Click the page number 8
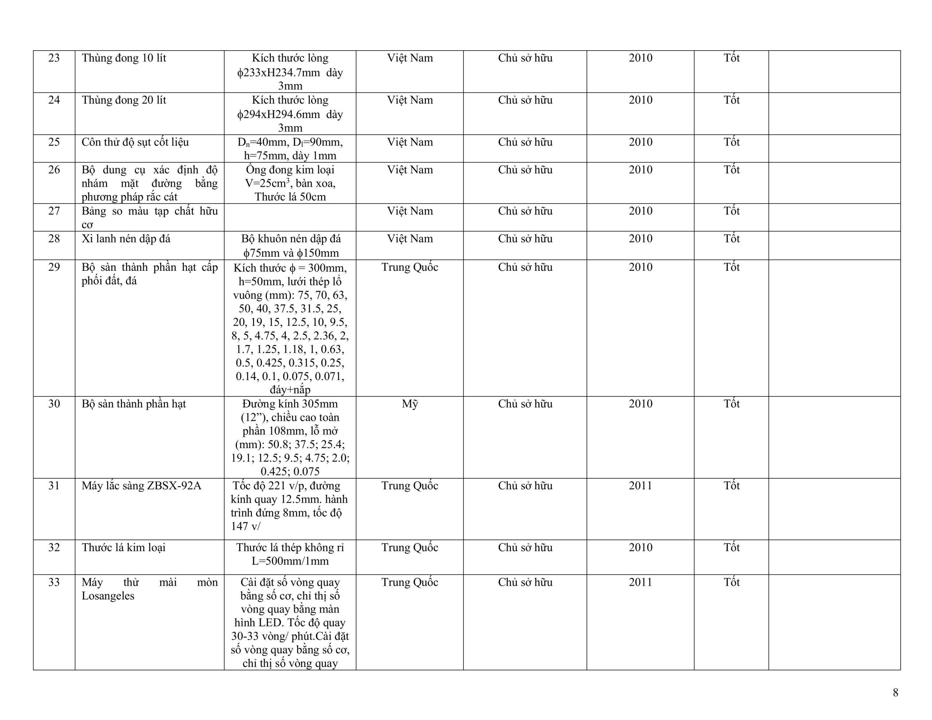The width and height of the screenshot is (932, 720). (895, 692)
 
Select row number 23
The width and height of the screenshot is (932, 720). (54, 58)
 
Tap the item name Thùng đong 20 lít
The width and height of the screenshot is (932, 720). (124, 100)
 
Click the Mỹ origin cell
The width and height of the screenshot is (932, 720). (410, 404)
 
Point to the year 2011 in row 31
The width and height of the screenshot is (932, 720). (640, 486)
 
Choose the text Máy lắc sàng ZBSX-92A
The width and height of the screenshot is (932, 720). (141, 486)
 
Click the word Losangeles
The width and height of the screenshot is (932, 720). (108, 596)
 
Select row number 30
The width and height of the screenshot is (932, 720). (54, 404)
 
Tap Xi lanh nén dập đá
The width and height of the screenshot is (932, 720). (126, 238)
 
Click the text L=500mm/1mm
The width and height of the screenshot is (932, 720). (290, 561)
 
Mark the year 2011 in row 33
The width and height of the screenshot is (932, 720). (640, 582)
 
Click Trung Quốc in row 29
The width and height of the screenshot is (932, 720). (410, 267)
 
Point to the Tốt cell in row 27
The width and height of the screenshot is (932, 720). (731, 211)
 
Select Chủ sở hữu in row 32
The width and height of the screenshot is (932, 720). (525, 547)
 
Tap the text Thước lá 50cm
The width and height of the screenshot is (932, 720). (290, 197)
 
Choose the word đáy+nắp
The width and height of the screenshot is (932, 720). (290, 389)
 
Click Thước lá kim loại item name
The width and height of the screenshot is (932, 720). (124, 547)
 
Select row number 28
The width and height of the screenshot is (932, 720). (54, 238)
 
